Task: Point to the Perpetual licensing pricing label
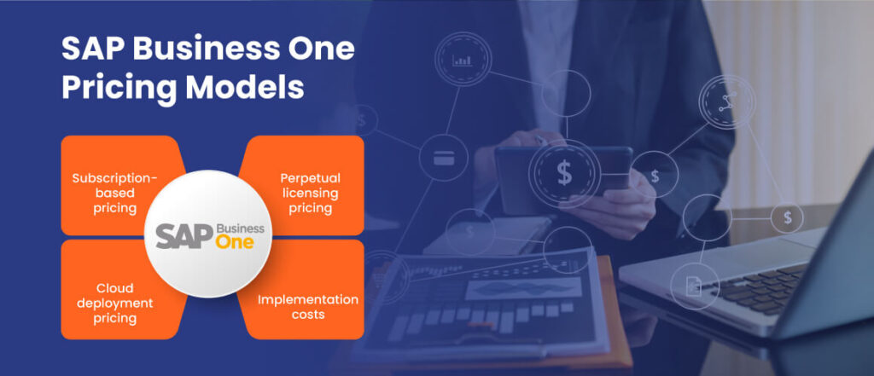(310, 193)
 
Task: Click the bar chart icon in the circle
(463, 61)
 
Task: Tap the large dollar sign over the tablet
(564, 173)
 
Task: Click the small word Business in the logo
(241, 228)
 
